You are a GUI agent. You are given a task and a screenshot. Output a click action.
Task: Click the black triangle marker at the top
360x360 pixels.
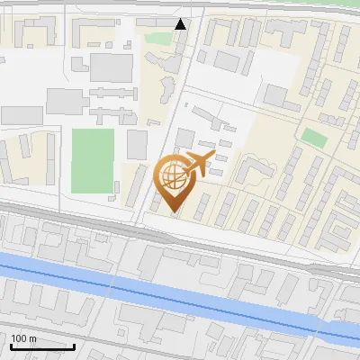[181, 24]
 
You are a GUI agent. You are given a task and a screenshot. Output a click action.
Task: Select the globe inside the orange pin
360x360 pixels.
[171, 173]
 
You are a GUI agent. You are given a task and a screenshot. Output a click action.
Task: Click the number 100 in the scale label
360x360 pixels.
[20, 338]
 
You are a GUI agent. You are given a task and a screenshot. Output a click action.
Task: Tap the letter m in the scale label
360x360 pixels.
[32, 338]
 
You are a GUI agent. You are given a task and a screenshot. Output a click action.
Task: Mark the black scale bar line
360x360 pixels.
[42, 346]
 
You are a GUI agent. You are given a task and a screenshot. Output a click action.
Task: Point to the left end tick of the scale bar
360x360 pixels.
[11, 345]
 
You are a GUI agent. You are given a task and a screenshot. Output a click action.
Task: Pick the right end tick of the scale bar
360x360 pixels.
[74, 345]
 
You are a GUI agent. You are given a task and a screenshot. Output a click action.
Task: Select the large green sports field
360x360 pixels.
[93, 160]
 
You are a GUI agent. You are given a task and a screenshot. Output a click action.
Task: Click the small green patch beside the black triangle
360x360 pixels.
[159, 39]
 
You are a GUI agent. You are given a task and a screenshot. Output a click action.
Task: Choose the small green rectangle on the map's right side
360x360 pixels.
[313, 137]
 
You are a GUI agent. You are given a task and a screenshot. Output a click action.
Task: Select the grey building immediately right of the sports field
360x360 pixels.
[137, 145]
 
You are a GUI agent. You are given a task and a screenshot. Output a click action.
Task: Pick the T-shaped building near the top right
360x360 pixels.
[288, 36]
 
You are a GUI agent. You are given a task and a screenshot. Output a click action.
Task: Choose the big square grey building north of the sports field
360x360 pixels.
[111, 67]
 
